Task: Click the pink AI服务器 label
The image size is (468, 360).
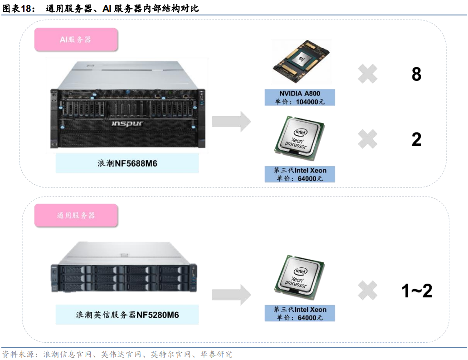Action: (76, 39)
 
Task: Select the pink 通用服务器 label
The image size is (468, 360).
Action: (76, 216)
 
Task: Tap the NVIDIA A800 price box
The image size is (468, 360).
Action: (300, 98)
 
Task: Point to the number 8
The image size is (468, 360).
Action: (416, 74)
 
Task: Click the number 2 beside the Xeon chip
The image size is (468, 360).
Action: (416, 139)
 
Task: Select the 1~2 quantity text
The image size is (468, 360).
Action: (417, 291)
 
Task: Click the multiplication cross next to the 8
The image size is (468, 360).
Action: (367, 74)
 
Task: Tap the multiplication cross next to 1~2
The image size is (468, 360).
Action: (367, 291)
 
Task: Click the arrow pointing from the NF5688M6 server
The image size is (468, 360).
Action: (231, 121)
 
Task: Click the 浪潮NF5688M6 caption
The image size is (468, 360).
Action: (127, 163)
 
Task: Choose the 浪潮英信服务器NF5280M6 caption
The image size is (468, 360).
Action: (127, 314)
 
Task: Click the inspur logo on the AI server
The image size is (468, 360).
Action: (127, 123)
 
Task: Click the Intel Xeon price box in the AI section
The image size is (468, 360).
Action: (300, 174)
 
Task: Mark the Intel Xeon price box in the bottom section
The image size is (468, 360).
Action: (300, 313)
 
